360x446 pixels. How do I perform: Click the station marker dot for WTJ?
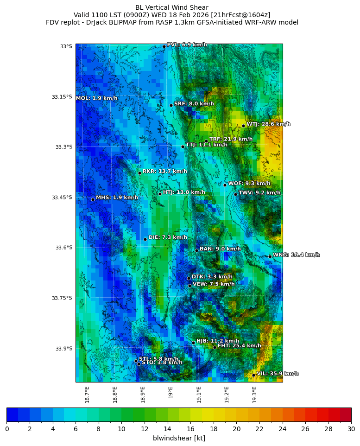[243, 126]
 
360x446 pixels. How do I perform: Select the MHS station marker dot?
[93, 199]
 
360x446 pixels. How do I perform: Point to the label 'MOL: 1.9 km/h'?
[96, 98]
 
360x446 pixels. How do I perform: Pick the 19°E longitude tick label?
[171, 392]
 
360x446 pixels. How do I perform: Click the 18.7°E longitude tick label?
[87, 394]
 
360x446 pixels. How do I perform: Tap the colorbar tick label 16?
[190, 429]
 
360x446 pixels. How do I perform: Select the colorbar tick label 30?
[351, 429]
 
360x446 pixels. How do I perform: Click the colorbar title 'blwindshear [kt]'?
[179, 438]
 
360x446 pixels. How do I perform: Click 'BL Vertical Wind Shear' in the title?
[172, 7]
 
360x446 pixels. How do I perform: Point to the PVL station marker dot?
[164, 46]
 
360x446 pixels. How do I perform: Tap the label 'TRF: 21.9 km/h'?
[231, 139]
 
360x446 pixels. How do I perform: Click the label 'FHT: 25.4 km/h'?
[239, 346]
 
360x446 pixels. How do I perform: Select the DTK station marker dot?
[189, 278]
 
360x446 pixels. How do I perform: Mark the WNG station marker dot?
[270, 256]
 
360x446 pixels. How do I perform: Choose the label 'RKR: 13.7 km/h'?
[164, 172]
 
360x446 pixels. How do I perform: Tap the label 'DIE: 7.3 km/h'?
[167, 237]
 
